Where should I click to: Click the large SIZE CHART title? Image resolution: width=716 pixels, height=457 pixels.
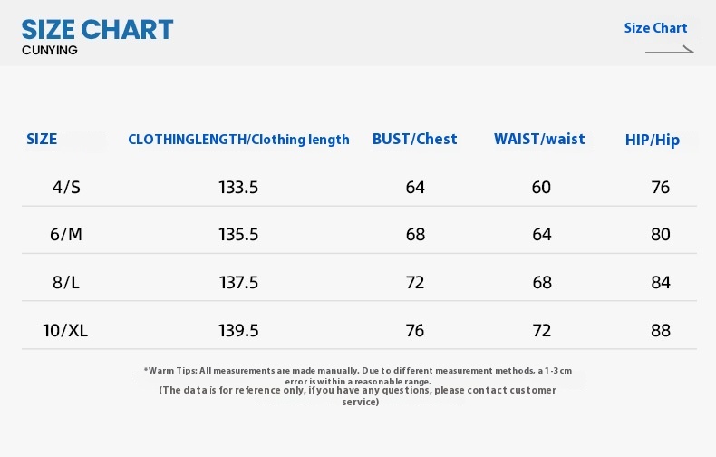(x=97, y=30)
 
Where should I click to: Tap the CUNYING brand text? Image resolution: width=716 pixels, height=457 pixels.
(x=49, y=50)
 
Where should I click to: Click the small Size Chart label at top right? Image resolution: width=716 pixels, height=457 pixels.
(x=655, y=28)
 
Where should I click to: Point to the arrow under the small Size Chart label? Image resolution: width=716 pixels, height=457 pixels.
(x=670, y=51)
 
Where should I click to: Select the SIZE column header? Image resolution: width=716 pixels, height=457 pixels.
(x=42, y=139)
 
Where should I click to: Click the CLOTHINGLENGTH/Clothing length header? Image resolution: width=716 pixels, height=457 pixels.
(x=238, y=140)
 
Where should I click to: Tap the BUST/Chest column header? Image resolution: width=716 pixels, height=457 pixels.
(x=414, y=139)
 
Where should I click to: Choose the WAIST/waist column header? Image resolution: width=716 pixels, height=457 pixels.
(x=539, y=139)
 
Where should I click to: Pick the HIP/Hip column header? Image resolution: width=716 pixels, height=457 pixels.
(x=652, y=140)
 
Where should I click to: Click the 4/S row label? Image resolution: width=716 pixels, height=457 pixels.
(x=66, y=188)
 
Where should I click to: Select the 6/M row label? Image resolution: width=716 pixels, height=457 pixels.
(x=66, y=235)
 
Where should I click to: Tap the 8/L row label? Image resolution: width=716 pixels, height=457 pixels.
(x=66, y=282)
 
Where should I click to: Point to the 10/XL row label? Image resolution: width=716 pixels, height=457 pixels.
(x=65, y=330)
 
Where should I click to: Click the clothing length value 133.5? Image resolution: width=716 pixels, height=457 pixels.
(x=238, y=188)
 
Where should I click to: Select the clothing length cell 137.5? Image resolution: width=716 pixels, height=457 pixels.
(x=238, y=282)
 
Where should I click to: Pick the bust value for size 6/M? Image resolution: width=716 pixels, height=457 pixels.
(x=415, y=235)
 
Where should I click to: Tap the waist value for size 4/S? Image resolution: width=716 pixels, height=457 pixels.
(x=541, y=188)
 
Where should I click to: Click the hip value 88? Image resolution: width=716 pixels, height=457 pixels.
(x=661, y=330)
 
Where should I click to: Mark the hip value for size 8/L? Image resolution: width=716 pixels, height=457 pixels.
(x=661, y=282)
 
